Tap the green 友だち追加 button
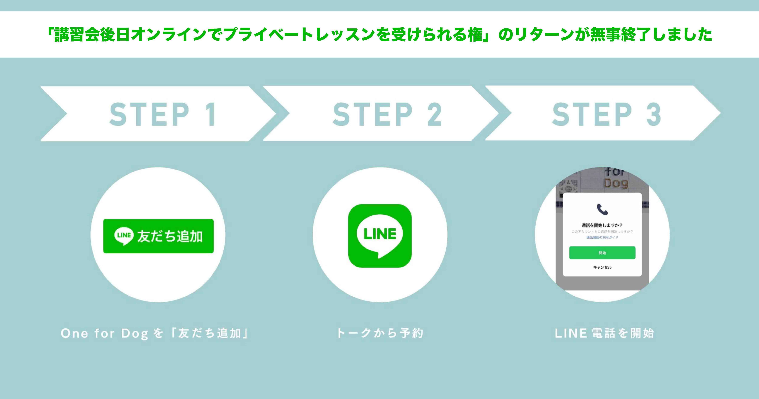click(x=158, y=236)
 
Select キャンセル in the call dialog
click(x=602, y=267)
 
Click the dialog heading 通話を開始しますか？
click(x=602, y=225)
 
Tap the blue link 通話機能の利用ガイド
click(x=602, y=237)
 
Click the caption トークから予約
click(x=380, y=333)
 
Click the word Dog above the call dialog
click(x=616, y=183)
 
